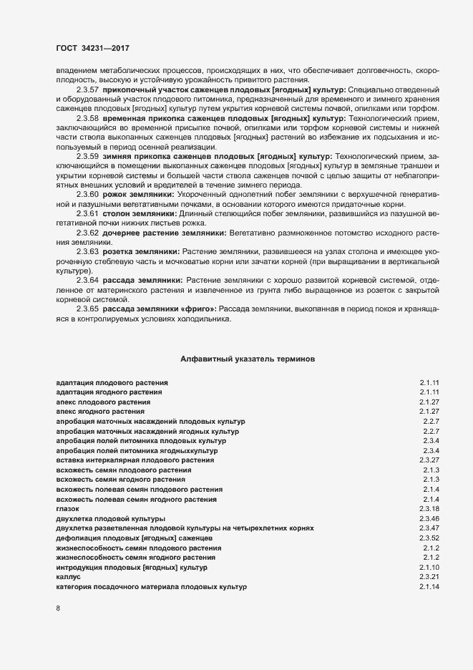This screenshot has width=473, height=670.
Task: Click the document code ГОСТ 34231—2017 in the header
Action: [92, 47]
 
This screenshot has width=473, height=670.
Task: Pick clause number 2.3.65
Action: [87, 309]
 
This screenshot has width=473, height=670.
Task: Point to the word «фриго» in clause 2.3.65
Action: [200, 309]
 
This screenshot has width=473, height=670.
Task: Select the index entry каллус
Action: [68, 576]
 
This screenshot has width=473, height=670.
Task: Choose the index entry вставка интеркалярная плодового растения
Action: [133, 460]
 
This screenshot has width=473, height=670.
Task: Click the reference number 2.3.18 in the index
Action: [429, 508]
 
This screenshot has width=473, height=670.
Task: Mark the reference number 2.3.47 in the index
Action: [429, 528]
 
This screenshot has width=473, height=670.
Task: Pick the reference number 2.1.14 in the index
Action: [429, 586]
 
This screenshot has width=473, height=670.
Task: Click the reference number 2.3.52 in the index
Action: [429, 537]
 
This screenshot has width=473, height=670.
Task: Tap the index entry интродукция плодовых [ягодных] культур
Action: [131, 567]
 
